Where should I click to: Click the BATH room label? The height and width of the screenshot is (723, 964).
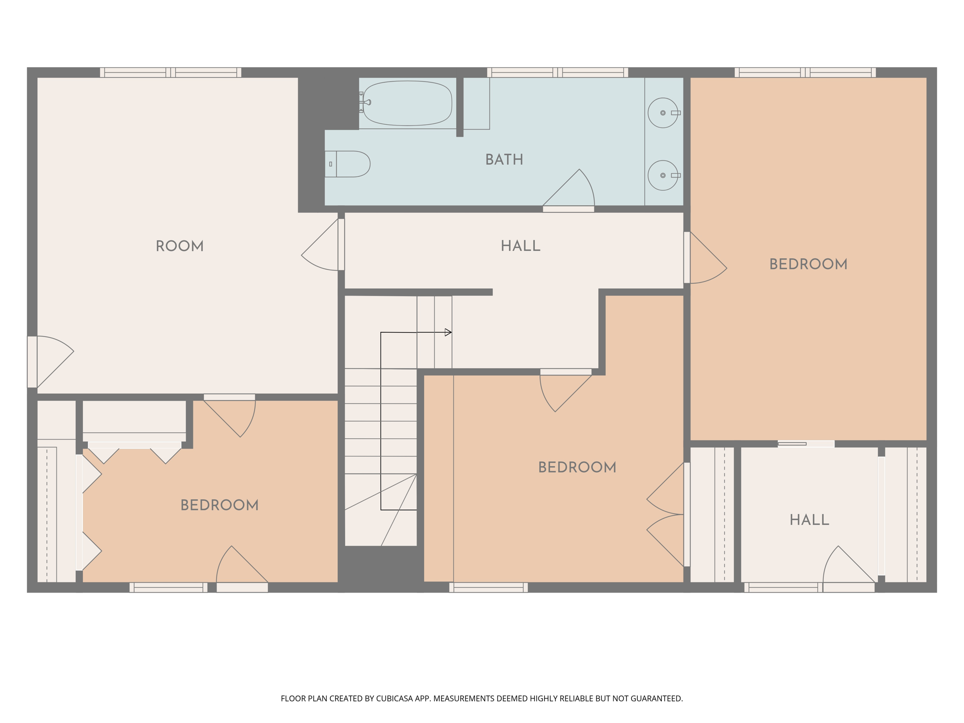tap(504, 160)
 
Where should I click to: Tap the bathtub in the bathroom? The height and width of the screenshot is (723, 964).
tap(407, 103)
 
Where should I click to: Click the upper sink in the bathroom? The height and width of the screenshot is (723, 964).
tap(663, 112)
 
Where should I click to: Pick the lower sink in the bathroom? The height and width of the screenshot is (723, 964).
tap(663, 175)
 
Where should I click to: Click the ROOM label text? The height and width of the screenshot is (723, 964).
tap(179, 246)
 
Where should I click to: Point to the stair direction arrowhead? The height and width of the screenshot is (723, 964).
tap(448, 332)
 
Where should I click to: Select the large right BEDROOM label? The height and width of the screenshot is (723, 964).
tap(808, 264)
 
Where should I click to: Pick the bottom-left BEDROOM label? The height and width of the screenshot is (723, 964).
tap(219, 505)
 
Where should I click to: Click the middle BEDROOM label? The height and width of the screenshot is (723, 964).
tap(577, 467)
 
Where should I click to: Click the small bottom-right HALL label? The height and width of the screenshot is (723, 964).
tap(809, 520)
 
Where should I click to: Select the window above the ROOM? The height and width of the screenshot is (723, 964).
tap(170, 72)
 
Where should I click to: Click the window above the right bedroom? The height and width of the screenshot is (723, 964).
tap(805, 72)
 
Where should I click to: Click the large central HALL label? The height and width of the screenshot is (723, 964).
tap(520, 246)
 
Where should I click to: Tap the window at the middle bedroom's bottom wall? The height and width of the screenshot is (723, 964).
tap(488, 587)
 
